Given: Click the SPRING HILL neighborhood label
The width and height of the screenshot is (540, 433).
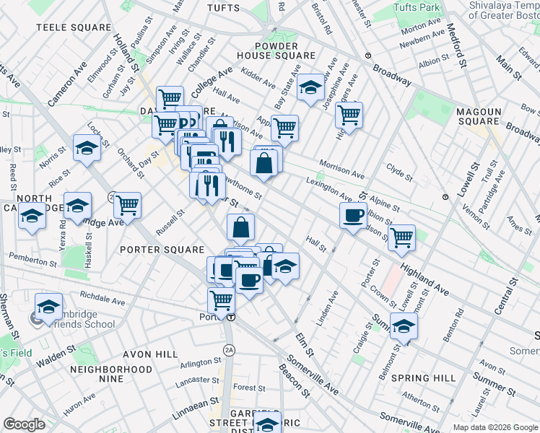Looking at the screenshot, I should [423, 378].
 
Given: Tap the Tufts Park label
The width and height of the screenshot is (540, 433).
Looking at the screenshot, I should [417, 8].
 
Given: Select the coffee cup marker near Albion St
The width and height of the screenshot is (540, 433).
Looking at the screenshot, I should [353, 215].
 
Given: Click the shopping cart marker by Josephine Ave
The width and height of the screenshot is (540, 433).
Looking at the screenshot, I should [349, 114].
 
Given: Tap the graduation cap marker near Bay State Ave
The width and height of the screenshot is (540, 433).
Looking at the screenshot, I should [310, 87].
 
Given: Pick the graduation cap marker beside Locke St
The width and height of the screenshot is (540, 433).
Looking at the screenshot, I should [87, 149].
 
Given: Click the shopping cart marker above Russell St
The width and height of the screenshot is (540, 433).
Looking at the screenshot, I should [127, 205].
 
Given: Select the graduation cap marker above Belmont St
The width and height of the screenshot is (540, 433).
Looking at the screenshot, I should [404, 325].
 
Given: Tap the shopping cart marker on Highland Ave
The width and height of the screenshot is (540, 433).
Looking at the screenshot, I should [401, 237].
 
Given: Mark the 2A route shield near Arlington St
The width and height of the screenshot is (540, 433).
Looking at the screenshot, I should [230, 350].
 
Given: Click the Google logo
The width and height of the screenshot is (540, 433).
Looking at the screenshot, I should [24, 424].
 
